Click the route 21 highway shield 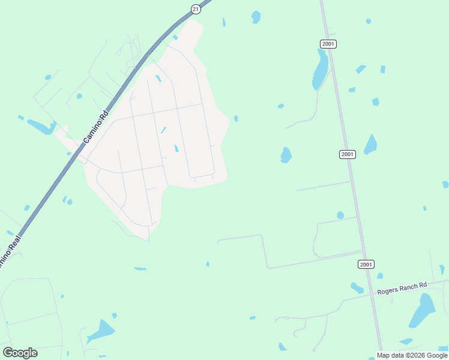point(196,8)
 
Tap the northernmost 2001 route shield point(328,44)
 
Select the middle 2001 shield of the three point(347,154)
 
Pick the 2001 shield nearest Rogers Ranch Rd point(366,264)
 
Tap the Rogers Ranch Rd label point(402,288)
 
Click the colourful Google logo point(20,353)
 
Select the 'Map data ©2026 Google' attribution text point(412,355)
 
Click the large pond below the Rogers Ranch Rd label point(423,311)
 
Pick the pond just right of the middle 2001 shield point(370,145)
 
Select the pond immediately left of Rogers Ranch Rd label point(357,288)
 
